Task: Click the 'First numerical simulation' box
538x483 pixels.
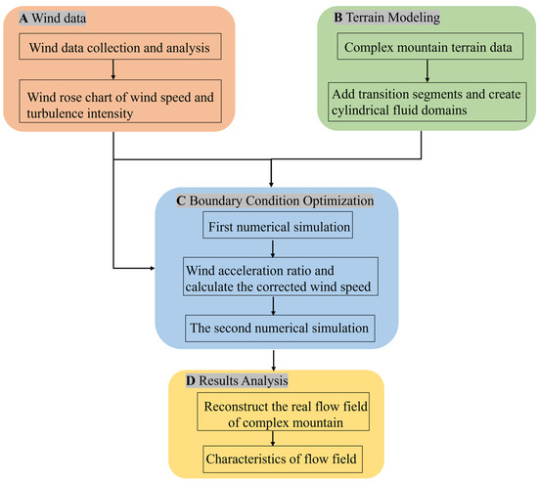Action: coord(270,227)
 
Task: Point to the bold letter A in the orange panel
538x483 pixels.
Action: coord(18,17)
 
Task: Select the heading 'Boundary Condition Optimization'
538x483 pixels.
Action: coord(279,200)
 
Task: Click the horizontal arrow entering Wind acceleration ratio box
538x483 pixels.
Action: coord(147,267)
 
